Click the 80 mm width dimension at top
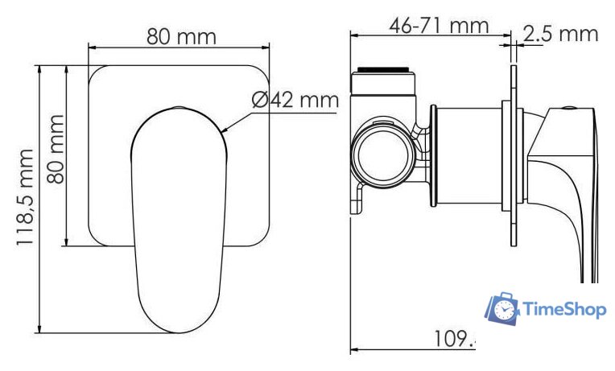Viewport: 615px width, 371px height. pos(180,37)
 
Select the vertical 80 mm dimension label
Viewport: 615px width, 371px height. pos(55,149)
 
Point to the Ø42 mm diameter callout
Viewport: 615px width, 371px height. pos(295,101)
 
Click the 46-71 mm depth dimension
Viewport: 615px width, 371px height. pos(440,25)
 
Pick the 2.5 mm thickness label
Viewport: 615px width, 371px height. pos(560,33)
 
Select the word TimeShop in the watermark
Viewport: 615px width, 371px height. pos(564,309)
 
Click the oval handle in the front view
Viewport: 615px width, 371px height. pos(178,217)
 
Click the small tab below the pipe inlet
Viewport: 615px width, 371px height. pos(357,198)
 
